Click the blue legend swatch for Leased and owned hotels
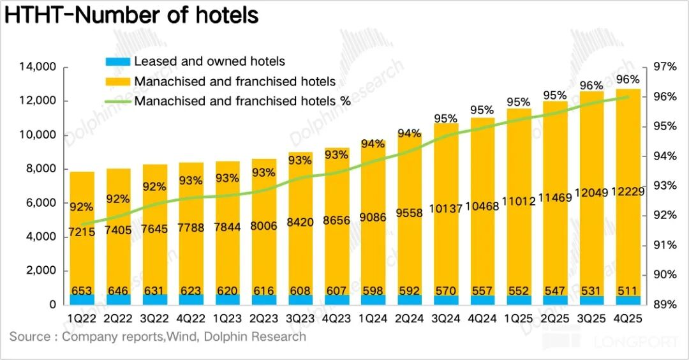[117, 62]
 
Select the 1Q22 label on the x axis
[82, 317]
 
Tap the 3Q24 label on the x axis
[445, 317]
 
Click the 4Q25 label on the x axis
[627, 317]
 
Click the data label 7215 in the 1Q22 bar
[82, 232]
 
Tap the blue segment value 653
[82, 291]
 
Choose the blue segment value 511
[628, 291]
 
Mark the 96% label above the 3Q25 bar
[591, 86]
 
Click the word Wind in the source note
[179, 336]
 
